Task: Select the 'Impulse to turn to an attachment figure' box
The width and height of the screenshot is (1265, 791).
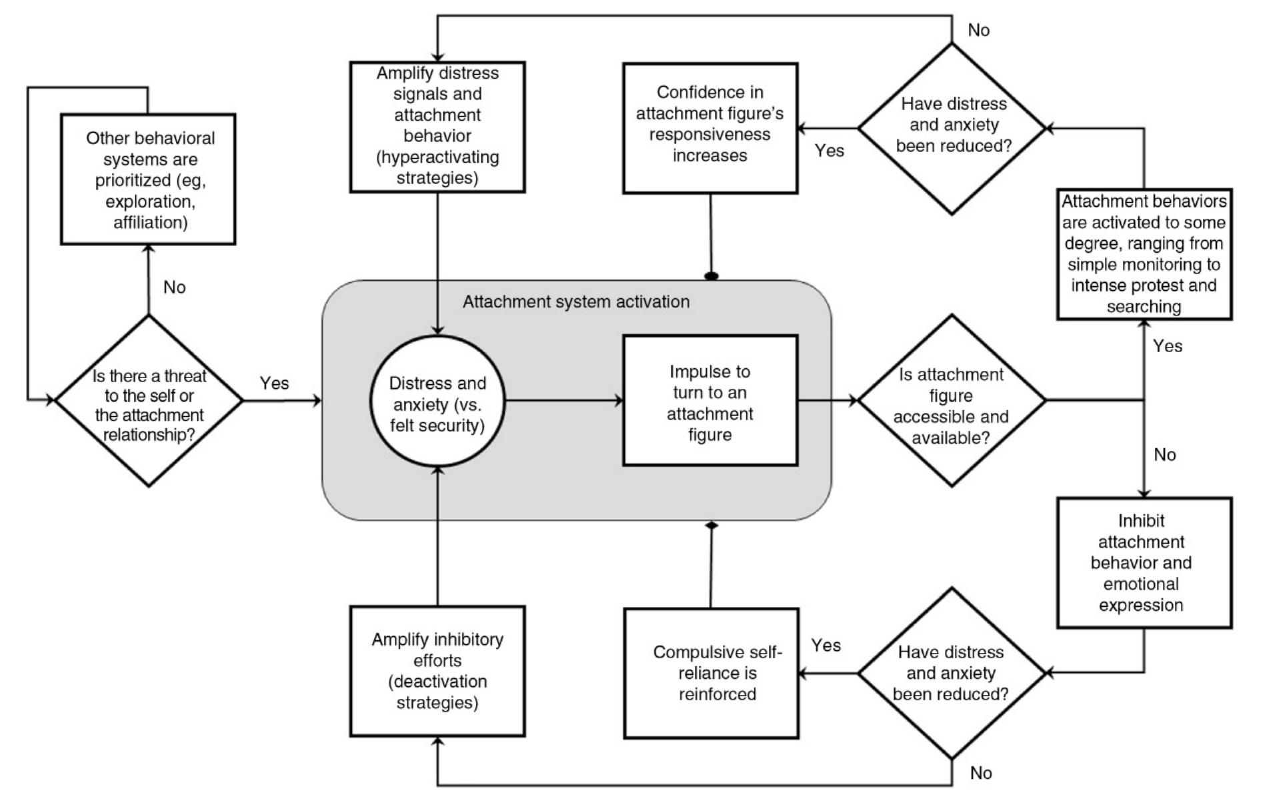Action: (710, 400)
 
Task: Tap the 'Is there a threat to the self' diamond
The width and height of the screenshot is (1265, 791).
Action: (149, 401)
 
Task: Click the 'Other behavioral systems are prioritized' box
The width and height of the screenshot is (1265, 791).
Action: (148, 179)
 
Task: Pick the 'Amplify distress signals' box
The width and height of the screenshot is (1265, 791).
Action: (437, 127)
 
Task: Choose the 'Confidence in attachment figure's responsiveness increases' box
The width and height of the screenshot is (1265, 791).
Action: (710, 128)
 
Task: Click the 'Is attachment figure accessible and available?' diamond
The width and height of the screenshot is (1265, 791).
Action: (951, 401)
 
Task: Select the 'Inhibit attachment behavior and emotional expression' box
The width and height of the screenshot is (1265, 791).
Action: (1144, 562)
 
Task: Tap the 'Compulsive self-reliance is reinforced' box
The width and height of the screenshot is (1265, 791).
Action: (711, 673)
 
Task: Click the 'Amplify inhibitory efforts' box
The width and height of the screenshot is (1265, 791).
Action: (437, 671)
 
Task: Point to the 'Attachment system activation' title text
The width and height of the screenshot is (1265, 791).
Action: (576, 302)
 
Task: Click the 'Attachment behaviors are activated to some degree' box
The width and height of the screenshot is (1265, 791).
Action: (1144, 254)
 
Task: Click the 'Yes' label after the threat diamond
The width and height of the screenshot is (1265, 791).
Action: (274, 383)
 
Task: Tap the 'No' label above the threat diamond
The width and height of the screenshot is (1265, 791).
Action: (175, 287)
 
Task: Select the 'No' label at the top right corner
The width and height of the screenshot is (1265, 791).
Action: (978, 31)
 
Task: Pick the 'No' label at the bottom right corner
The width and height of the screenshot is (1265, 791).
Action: (981, 773)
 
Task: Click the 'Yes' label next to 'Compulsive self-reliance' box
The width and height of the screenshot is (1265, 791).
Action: (826, 646)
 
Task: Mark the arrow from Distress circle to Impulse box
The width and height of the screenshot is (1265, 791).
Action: (563, 400)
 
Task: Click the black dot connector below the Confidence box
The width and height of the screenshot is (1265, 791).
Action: (712, 275)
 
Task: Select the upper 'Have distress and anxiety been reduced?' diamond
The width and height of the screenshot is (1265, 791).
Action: (951, 128)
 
